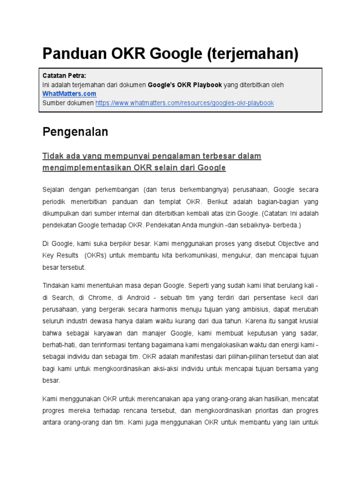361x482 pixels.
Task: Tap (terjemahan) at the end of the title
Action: (252, 54)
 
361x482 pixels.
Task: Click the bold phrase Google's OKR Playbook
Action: (185, 85)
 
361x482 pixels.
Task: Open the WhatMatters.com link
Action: (69, 94)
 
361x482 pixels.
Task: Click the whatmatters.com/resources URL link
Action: (185, 103)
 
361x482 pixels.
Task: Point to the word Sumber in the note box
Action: (54, 103)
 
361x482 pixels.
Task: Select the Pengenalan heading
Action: (75, 132)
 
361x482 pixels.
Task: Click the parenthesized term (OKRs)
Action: (96, 256)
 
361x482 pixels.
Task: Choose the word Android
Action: (139, 297)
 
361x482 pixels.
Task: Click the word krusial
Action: (307, 321)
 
